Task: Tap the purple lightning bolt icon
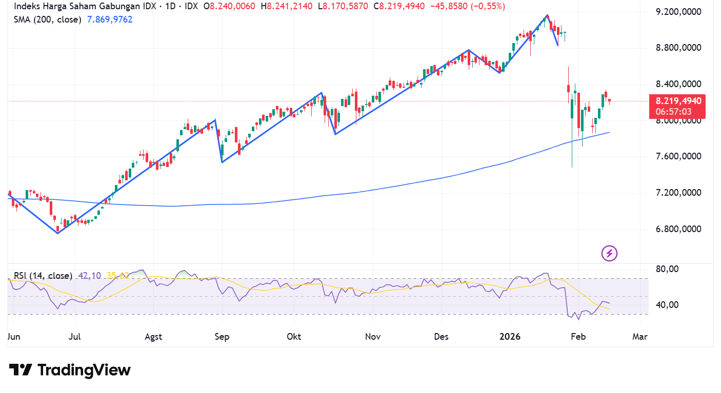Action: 609,253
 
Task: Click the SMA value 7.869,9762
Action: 110,19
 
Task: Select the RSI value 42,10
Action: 88,276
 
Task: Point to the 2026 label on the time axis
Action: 510,337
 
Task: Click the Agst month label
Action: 153,337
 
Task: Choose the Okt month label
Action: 294,337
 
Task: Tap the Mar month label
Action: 640,337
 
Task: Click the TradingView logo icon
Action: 21,369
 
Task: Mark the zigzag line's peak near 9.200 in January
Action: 548,15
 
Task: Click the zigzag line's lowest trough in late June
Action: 57,233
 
